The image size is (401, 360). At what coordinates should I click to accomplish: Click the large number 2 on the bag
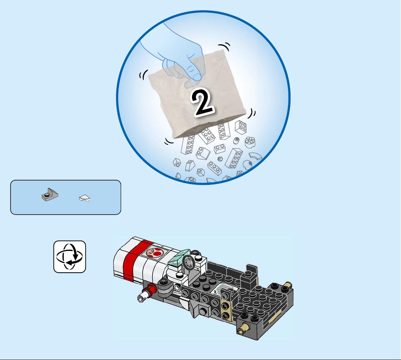pos(202,102)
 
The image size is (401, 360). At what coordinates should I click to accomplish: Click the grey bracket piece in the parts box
pos(50,195)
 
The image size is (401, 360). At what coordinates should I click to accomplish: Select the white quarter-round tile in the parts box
pos(85,198)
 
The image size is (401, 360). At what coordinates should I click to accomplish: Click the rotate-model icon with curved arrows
pos(70,257)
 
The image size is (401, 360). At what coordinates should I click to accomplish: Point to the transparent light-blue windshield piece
pos(179,258)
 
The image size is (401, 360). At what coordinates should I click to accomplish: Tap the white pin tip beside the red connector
pos(142,297)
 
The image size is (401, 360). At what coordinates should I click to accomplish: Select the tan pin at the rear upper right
pos(288,285)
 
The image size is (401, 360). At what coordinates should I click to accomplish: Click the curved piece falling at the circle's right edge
pos(256,156)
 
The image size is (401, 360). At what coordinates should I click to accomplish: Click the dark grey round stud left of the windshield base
pos(163,282)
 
